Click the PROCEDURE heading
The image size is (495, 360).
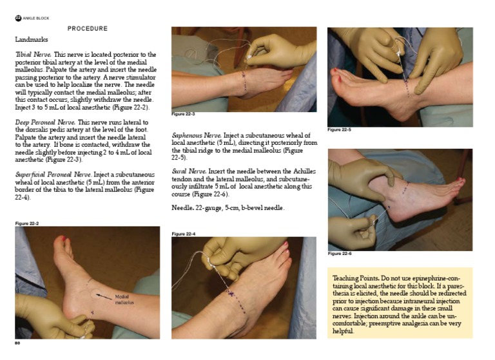88,28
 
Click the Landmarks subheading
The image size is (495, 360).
32,39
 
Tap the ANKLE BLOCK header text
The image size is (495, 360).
36,18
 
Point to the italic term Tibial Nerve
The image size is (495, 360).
33,54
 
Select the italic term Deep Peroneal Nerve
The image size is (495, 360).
45,122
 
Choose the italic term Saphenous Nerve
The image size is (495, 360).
197,135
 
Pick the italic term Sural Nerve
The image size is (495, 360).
189,171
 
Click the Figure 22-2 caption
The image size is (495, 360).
27,223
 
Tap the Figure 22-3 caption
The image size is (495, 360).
183,113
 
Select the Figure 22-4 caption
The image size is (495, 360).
184,234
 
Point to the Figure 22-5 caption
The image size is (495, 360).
339,129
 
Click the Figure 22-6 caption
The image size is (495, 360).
340,253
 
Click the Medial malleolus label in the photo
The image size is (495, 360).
124,299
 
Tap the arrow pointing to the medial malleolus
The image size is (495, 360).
104,297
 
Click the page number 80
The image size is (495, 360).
17,343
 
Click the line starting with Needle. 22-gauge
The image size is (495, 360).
228,208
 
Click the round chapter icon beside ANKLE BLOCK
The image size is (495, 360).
18,18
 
